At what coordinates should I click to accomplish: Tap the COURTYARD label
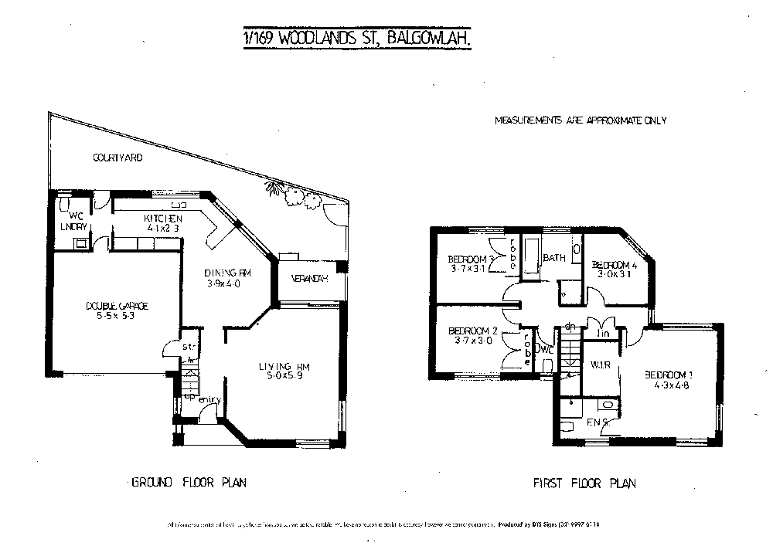tap(117, 158)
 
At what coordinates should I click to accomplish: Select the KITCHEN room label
tap(162, 219)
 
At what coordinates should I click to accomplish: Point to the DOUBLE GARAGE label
tap(117, 307)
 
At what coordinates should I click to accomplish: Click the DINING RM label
tap(228, 273)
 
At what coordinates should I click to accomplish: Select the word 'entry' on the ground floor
tap(209, 400)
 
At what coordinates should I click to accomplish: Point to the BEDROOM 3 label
tap(471, 259)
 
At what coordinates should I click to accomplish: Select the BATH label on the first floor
tap(554, 258)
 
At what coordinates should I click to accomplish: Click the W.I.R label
tap(601, 365)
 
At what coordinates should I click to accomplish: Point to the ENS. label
tap(600, 422)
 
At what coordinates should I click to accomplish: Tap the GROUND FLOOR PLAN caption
tap(189, 483)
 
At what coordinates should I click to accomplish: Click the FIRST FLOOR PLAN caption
tap(584, 484)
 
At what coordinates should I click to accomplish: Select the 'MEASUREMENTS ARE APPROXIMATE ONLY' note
tap(581, 120)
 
